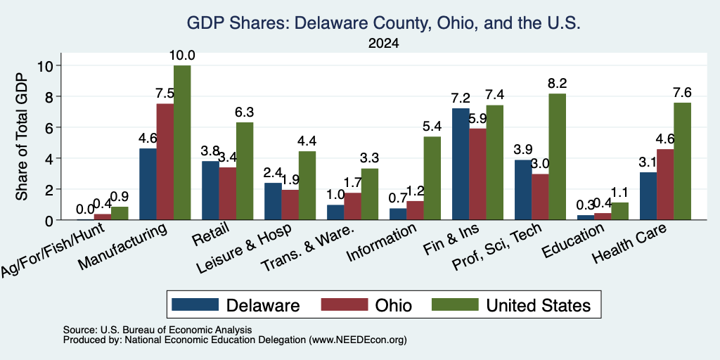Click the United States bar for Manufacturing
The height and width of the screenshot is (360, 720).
pyautogui.click(x=182, y=143)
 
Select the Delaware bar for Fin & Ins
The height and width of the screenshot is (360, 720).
pyautogui.click(x=461, y=164)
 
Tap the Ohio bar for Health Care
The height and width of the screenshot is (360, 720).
pyautogui.click(x=665, y=185)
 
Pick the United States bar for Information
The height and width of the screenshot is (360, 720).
pyautogui.click(x=432, y=178)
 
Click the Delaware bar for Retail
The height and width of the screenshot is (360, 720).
pyautogui.click(x=210, y=191)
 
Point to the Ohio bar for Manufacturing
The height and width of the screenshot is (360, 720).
pyautogui.click(x=165, y=162)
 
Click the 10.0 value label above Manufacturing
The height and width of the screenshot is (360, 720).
pyautogui.click(x=182, y=56)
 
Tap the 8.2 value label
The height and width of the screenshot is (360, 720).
pyautogui.click(x=557, y=83)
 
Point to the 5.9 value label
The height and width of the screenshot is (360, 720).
pyautogui.click(x=478, y=118)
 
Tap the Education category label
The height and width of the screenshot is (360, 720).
pyautogui.click(x=572, y=241)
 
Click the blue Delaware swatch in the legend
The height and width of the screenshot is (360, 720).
pyautogui.click(x=195, y=304)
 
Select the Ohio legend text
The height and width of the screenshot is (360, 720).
pyautogui.click(x=394, y=305)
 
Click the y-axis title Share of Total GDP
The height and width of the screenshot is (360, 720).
pyautogui.click(x=22, y=136)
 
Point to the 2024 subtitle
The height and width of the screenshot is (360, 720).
pyautogui.click(x=383, y=44)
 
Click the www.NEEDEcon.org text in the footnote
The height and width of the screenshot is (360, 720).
pyautogui.click(x=358, y=340)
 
